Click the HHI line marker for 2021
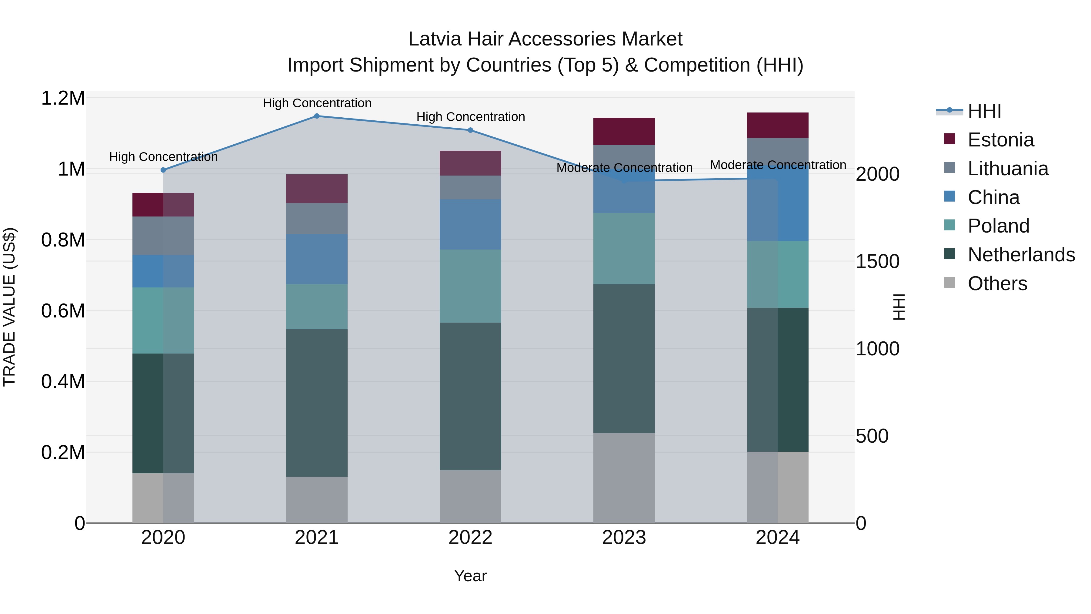pos(317,116)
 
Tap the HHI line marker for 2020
pos(163,170)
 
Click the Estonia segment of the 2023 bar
pos(624,131)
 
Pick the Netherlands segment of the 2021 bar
pos(317,403)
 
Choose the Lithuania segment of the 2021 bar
pos(317,218)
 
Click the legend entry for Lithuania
pos(1008,169)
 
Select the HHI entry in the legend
pos(984,111)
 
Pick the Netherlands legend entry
pos(1021,255)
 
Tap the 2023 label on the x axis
pos(624,538)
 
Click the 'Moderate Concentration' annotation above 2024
pos(778,165)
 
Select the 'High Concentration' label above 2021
pos(317,103)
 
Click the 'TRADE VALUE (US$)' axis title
pos(9,307)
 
